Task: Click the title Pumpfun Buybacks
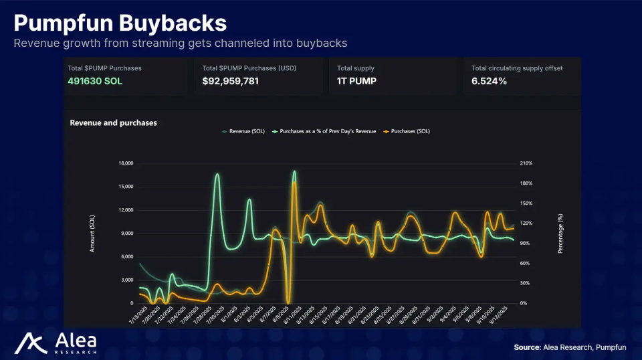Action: pos(120,23)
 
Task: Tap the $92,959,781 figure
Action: pos(231,81)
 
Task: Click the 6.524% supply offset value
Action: pos(489,81)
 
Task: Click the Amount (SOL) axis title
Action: pos(92,234)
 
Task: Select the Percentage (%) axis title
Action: pos(560,234)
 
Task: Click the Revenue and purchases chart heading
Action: pos(113,123)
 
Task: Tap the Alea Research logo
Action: pos(56,343)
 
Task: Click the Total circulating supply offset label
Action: pos(517,68)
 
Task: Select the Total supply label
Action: pos(356,68)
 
